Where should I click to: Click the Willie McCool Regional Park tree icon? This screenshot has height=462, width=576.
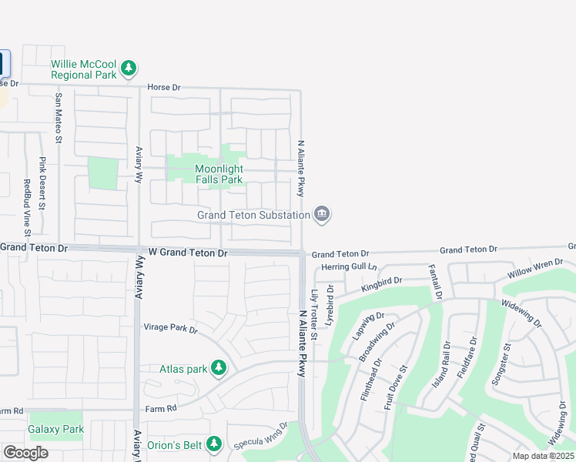pos(129,69)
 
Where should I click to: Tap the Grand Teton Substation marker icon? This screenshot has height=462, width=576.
pos(323,215)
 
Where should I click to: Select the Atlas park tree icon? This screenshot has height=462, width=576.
pos(219,369)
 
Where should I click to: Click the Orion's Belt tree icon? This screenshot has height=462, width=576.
pos(213,444)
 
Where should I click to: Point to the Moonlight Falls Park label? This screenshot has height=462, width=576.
pos(219,174)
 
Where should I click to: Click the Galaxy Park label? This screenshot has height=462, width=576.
pos(55,428)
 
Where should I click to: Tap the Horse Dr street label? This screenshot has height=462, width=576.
pos(163,88)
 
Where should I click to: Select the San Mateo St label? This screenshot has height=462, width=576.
pos(58,119)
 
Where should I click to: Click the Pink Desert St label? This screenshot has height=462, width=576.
pos(42,183)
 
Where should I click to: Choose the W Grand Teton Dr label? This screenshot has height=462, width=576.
pos(188,253)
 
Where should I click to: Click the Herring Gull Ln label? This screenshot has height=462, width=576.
pos(350,266)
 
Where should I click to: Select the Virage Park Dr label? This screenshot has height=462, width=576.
pos(171,328)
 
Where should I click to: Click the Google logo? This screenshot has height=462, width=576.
pos(25,453)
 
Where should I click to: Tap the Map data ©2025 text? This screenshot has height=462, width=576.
pos(543,456)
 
